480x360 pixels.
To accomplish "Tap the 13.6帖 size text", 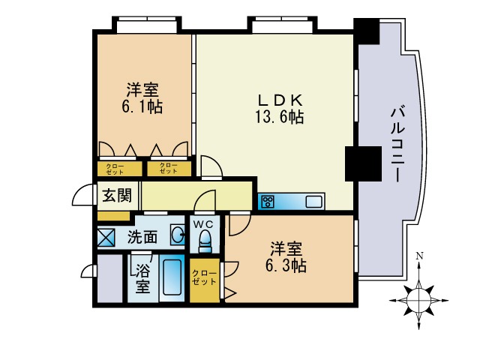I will point(281,117).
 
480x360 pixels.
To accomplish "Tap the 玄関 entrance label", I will point(117,196).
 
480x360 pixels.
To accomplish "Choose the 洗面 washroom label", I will point(142,238).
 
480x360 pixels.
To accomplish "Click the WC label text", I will point(204,223).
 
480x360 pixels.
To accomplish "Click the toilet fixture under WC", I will point(204,241).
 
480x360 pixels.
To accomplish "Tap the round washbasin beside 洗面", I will point(177,236).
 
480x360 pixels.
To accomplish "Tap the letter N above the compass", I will point(419,256).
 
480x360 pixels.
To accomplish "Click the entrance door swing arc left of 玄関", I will point(83,196).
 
